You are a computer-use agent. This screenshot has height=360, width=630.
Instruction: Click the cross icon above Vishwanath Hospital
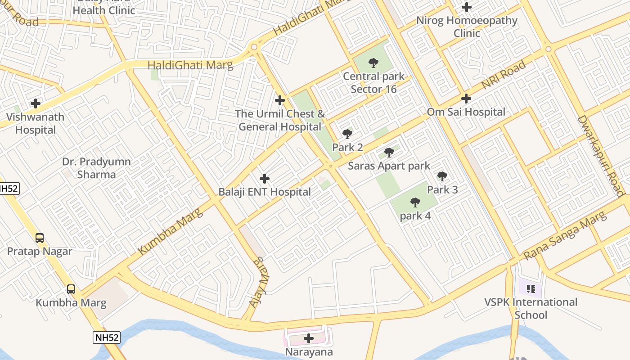click(x=35, y=104)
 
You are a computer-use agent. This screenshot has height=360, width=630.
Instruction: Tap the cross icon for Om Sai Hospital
click(x=466, y=99)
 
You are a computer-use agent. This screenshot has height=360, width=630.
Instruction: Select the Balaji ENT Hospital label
click(x=265, y=192)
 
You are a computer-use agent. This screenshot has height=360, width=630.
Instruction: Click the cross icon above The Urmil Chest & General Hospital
click(x=280, y=100)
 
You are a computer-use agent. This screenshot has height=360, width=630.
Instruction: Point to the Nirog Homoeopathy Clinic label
click(x=467, y=27)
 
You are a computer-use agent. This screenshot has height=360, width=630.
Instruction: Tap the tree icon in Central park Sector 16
click(x=373, y=63)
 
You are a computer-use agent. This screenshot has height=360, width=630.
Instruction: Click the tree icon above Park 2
click(x=347, y=134)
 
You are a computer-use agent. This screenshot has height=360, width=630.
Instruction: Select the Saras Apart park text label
click(x=389, y=166)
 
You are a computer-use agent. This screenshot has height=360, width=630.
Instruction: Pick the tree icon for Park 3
click(x=442, y=176)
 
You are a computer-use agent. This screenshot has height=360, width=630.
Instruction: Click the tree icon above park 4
click(x=415, y=202)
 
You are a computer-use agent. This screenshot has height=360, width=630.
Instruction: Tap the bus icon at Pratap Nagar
click(x=40, y=238)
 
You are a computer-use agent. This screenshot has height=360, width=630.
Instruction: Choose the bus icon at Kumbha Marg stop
click(x=71, y=289)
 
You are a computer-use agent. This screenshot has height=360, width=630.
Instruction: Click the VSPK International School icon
click(x=531, y=288)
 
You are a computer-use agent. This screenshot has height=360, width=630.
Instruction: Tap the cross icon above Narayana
click(x=309, y=338)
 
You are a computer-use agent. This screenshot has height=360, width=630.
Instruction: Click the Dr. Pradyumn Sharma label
click(x=96, y=168)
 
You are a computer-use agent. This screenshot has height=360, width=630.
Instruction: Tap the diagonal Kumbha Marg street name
click(x=171, y=231)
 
